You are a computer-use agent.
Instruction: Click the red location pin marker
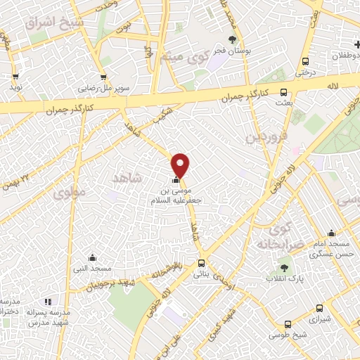(x=181, y=165)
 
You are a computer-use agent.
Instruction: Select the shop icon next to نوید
(x=15, y=77)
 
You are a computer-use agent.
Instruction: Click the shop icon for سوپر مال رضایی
(x=103, y=77)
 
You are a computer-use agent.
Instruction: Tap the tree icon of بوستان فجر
(x=233, y=40)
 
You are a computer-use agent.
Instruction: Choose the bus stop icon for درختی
(x=304, y=61)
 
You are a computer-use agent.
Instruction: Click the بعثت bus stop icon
(x=284, y=91)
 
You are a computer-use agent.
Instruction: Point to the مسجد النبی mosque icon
(x=92, y=258)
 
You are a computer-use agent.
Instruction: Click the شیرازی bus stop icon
(x=320, y=307)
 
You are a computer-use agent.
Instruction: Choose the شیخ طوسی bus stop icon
(x=287, y=324)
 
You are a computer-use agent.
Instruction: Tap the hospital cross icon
(x=356, y=45)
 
